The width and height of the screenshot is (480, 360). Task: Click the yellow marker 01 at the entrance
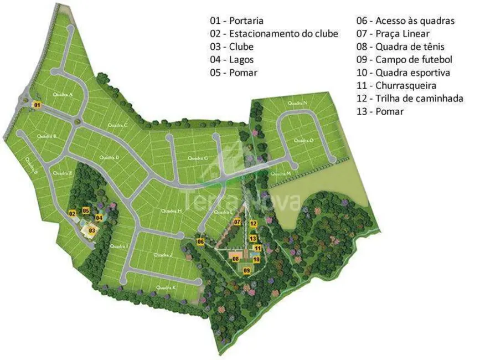(x=37, y=105)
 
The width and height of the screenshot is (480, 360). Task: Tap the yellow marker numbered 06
(x=200, y=241)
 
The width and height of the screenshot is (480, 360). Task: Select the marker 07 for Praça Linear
(x=236, y=222)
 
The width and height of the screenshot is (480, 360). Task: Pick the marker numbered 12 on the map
(x=252, y=224)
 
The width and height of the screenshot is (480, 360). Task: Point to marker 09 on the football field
(x=247, y=270)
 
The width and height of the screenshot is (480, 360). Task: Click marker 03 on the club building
(x=92, y=230)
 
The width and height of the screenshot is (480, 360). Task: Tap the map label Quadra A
(x=63, y=94)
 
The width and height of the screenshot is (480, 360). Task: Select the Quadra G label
(x=198, y=158)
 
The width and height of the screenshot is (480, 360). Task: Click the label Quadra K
(x=166, y=287)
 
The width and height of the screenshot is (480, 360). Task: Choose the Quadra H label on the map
(x=172, y=211)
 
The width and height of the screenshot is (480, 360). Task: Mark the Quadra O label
(x=304, y=141)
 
